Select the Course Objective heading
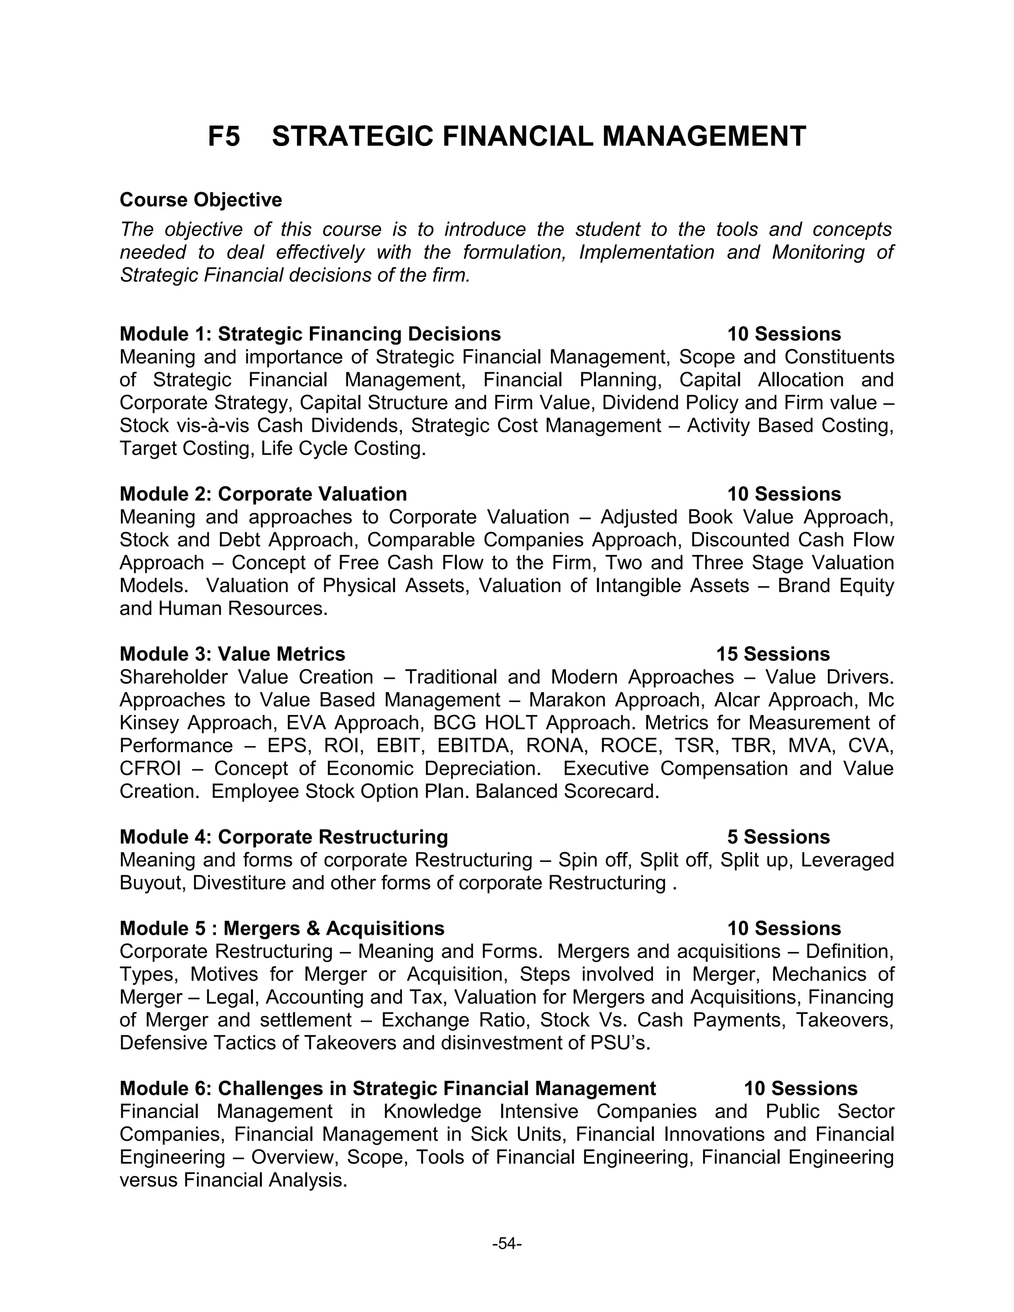[x=201, y=200]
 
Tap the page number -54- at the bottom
[x=507, y=1244]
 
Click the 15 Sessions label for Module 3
[x=772, y=654]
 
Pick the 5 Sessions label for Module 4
[x=778, y=837]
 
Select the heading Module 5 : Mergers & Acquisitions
[x=282, y=929]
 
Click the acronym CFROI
[x=150, y=769]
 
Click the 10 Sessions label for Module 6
[x=800, y=1089]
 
